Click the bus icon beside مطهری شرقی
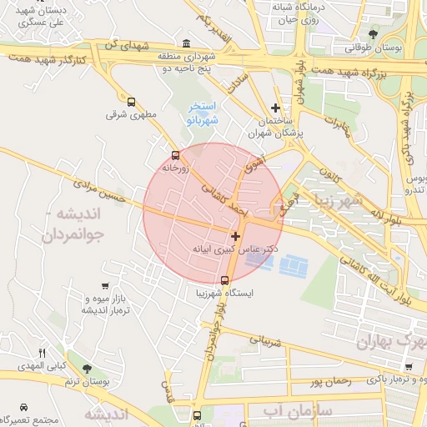click(x=131, y=101)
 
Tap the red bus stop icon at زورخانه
click(x=175, y=155)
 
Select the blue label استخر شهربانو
click(x=203, y=113)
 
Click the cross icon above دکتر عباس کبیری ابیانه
click(x=236, y=237)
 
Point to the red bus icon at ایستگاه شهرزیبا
click(x=224, y=280)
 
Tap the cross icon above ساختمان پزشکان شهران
click(x=276, y=108)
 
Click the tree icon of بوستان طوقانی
click(x=373, y=34)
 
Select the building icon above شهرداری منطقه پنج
click(x=184, y=43)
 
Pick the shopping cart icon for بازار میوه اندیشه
click(x=104, y=286)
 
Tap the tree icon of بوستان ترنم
click(x=88, y=368)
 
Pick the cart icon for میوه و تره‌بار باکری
click(x=408, y=367)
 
